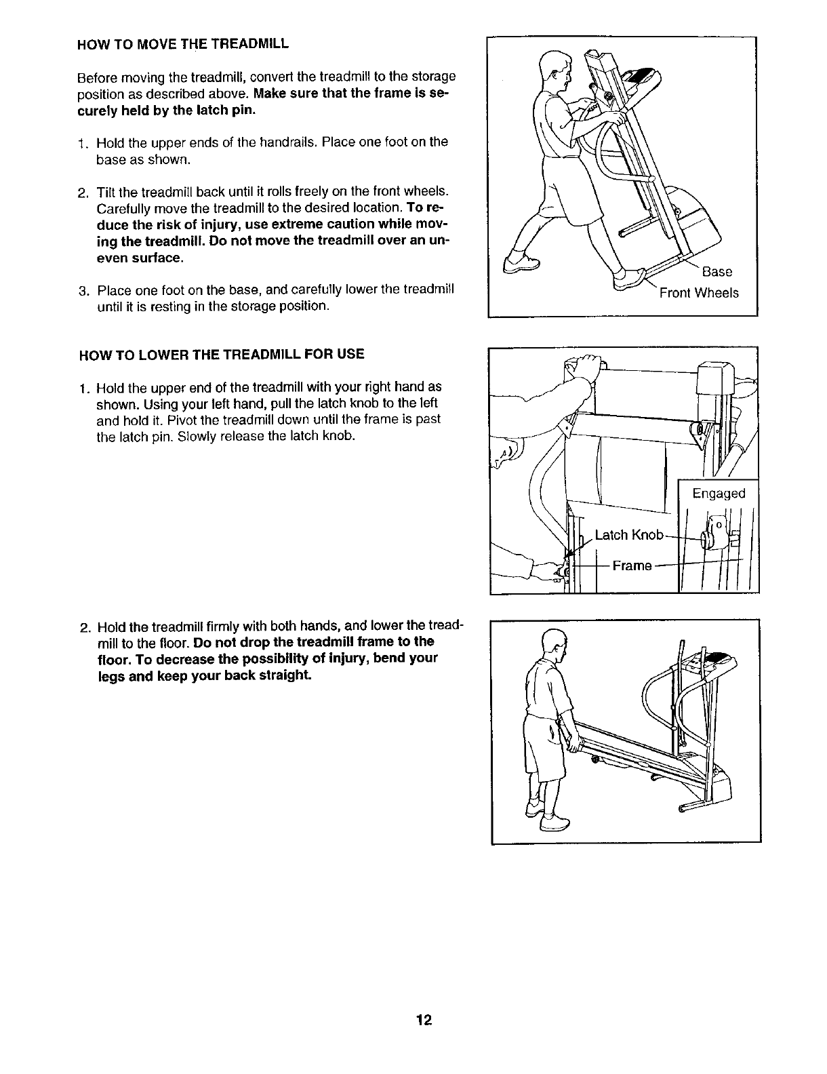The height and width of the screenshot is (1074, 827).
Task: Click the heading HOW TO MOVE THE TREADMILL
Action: point(184,45)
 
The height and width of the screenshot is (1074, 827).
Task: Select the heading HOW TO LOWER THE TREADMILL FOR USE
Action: point(222,354)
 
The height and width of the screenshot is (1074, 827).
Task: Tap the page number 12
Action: point(425,1020)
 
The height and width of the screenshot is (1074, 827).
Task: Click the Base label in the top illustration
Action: point(717,272)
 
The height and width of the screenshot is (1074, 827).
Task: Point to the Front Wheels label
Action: point(699,293)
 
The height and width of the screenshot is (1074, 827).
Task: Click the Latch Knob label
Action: point(628,535)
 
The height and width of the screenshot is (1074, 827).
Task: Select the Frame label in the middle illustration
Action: point(632,565)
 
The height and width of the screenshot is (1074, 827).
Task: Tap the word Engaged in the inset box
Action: point(719,494)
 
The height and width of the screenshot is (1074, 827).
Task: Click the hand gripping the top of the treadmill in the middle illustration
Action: point(584,367)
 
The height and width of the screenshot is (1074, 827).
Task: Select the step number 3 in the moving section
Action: point(83,292)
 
